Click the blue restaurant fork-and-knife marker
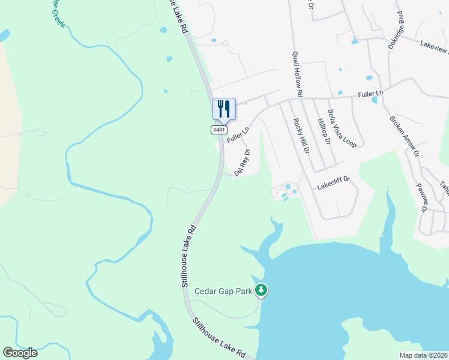(224, 109)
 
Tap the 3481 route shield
(220, 130)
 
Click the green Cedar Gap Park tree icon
(261, 291)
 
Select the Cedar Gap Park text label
(224, 292)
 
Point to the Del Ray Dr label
(241, 162)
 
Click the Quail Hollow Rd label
(297, 74)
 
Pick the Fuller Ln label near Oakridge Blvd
(370, 94)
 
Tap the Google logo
(20, 353)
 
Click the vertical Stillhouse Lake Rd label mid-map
(188, 256)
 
